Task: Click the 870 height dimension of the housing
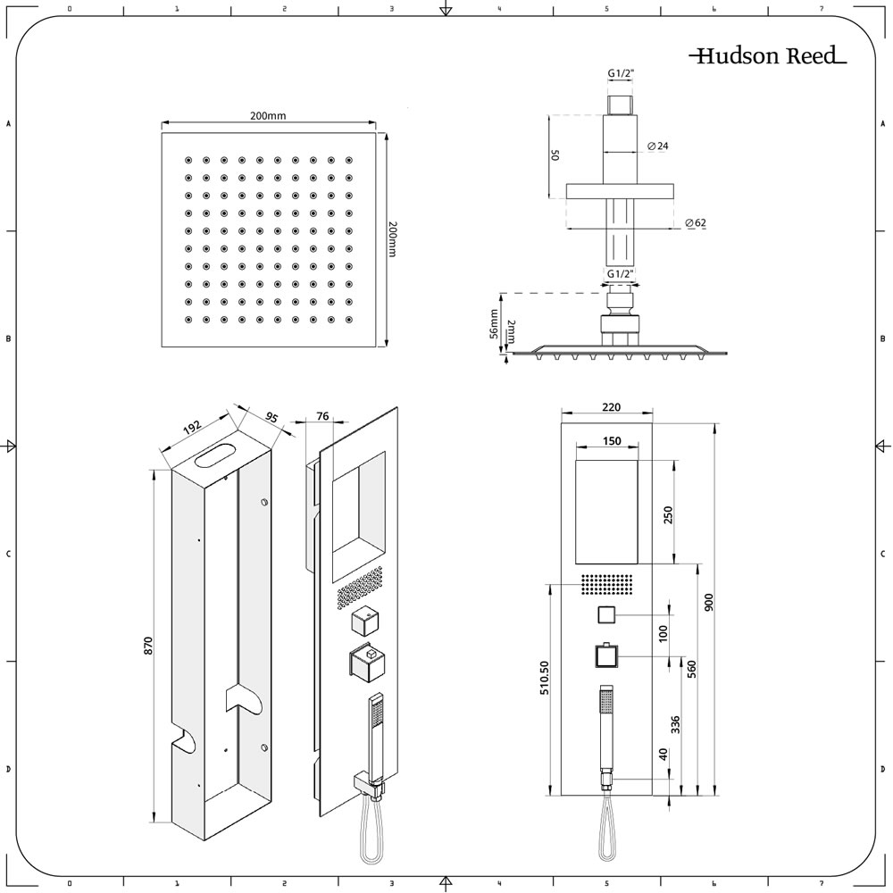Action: [x=148, y=646]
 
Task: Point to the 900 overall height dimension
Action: [x=709, y=603]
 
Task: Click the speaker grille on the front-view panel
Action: [x=607, y=583]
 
